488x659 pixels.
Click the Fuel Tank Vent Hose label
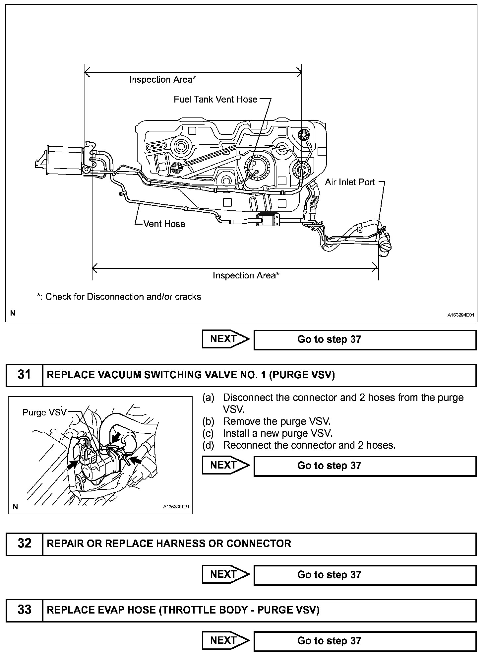[x=215, y=99]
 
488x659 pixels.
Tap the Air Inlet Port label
[x=350, y=182]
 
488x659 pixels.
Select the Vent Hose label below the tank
[x=164, y=224]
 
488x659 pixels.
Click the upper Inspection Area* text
[x=162, y=80]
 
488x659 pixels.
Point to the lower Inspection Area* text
[x=246, y=275]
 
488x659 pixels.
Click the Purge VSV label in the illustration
[x=44, y=412]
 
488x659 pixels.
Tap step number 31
[x=24, y=375]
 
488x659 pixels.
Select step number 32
[x=24, y=543]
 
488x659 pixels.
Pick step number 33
[x=24, y=610]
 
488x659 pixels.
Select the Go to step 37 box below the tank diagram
[x=365, y=339]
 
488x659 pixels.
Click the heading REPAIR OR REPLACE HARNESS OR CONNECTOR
[x=169, y=543]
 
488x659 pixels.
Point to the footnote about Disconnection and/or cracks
[x=119, y=297]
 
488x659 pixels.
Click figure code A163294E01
[x=461, y=315]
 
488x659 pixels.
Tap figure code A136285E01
[x=176, y=507]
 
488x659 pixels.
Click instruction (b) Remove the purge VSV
[x=276, y=421]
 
